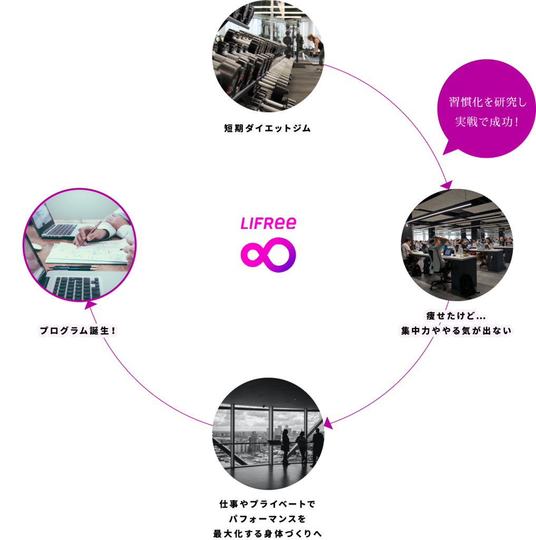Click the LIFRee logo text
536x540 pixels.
pyautogui.click(x=268, y=224)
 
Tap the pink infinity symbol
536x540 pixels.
pyautogui.click(x=268, y=255)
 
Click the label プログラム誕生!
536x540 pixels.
pyautogui.click(x=77, y=331)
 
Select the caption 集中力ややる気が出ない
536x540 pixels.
pyautogui.click(x=456, y=331)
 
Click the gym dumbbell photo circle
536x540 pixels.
pyautogui.click(x=268, y=56)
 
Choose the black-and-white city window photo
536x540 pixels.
pyautogui.click(x=268, y=433)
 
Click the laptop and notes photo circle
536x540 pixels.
pyautogui.click(x=80, y=245)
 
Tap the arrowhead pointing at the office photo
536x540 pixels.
pyautogui.click(x=447, y=185)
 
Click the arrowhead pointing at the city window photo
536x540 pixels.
pyautogui.click(x=328, y=423)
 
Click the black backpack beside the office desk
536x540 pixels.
pyautogui.click(x=466, y=285)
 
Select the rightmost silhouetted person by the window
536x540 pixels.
pyautogui.click(x=318, y=446)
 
